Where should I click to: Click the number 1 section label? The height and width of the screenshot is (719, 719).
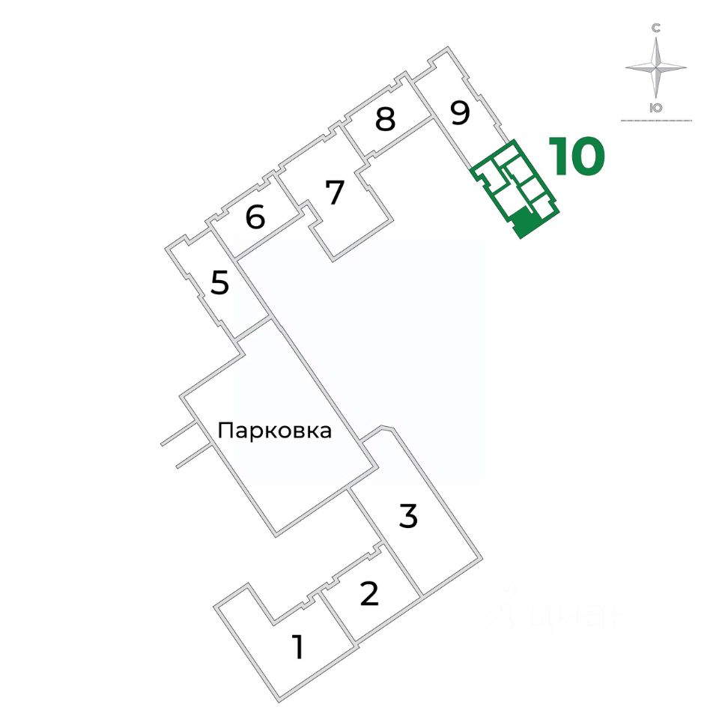(x=298, y=647)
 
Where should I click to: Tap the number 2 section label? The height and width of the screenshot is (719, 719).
(x=369, y=594)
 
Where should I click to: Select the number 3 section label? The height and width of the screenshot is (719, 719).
(x=408, y=517)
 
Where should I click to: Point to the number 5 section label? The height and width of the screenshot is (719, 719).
(x=219, y=284)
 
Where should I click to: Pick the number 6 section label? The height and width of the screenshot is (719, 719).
(x=255, y=218)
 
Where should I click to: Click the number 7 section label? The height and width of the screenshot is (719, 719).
(x=334, y=193)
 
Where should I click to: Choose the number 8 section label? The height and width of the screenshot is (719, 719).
(x=385, y=120)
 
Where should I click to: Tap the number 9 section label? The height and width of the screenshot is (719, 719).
(x=460, y=113)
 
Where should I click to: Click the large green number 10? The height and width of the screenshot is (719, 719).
(x=577, y=157)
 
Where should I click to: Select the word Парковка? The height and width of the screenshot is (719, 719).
(x=274, y=431)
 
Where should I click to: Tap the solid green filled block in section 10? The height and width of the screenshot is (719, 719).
(x=523, y=222)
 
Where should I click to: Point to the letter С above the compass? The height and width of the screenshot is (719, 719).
(x=656, y=28)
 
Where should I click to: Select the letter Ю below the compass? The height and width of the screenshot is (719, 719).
(x=656, y=107)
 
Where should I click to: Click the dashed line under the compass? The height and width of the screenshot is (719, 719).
(x=656, y=121)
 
